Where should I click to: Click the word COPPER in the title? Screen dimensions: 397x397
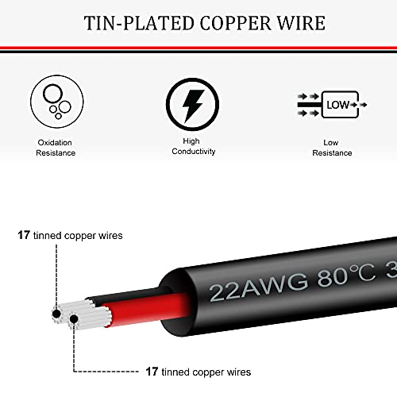click(x=236, y=23)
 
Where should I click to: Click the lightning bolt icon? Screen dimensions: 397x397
click(x=192, y=104)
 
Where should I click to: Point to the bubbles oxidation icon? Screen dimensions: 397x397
click(x=57, y=102)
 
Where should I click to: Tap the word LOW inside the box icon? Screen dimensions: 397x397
click(x=337, y=105)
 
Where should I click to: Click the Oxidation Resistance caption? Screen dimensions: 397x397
click(x=56, y=148)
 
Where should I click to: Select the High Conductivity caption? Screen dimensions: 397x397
click(x=194, y=146)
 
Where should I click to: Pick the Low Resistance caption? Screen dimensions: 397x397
click(x=332, y=148)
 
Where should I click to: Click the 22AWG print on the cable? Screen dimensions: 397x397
click(x=259, y=288)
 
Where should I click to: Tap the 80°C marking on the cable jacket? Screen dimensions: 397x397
click(x=346, y=275)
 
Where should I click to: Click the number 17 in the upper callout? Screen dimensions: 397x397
click(x=24, y=235)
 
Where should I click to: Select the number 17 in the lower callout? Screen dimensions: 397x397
click(x=152, y=372)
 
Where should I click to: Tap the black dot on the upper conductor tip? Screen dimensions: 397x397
click(x=56, y=314)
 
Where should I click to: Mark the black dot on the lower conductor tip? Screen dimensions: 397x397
click(x=74, y=319)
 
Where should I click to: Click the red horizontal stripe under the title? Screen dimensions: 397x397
click(x=198, y=48)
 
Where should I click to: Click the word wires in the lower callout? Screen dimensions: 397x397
click(x=239, y=372)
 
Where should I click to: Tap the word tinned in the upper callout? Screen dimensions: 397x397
click(x=47, y=235)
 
